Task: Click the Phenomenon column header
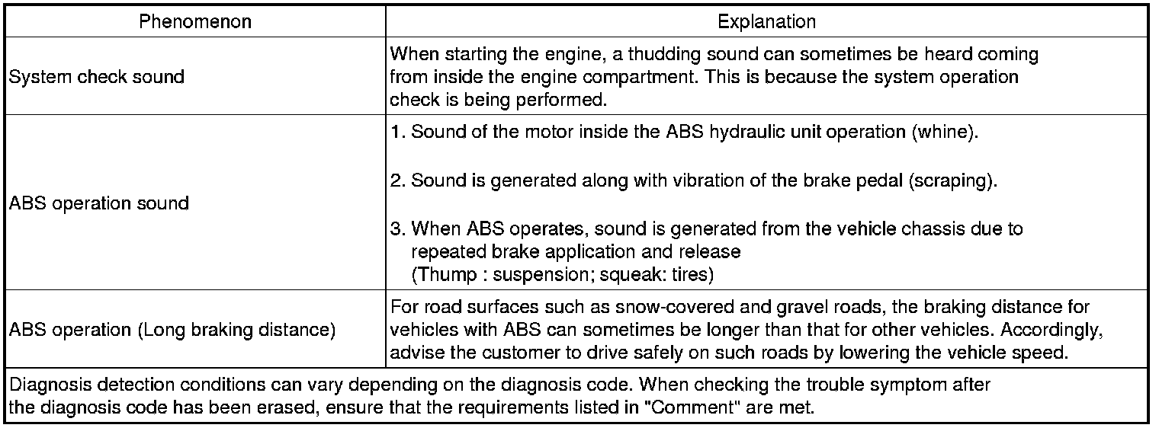(195, 22)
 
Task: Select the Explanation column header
(766, 22)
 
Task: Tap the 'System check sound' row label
(97, 77)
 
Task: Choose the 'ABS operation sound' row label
(99, 203)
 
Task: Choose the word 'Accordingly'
(1054, 330)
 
